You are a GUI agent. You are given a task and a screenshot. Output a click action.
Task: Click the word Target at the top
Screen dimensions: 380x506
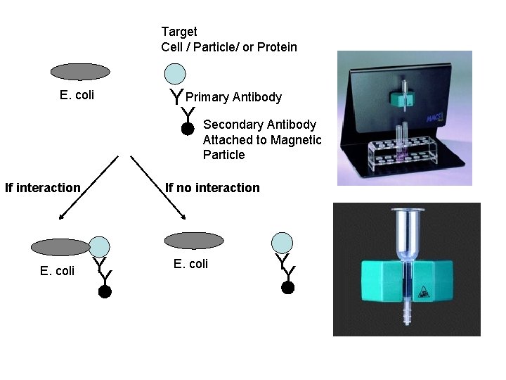coord(179,32)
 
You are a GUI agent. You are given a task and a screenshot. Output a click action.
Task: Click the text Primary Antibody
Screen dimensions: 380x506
coord(234,97)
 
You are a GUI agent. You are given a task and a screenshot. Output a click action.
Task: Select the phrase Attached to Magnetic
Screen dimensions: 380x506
coord(262,140)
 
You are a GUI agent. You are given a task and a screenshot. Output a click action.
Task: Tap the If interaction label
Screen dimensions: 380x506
coord(43,188)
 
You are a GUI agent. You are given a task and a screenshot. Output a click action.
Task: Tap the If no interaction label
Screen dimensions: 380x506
coord(212,188)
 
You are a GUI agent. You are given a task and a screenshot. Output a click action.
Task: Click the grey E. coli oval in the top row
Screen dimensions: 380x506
coord(81,71)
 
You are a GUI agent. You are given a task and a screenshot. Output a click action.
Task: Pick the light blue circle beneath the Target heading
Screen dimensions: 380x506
coord(175,74)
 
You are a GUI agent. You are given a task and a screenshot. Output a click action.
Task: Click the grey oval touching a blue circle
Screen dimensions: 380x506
coord(61,246)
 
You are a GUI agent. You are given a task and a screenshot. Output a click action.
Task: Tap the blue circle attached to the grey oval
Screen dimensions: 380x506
coord(100,246)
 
